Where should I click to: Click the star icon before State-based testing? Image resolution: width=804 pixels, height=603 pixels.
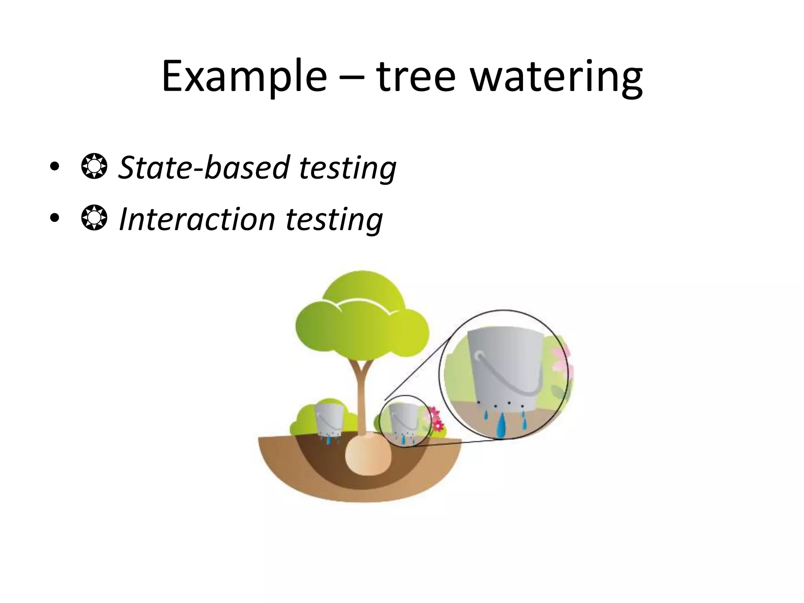(x=94, y=167)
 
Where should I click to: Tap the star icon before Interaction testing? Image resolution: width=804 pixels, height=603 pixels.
(x=94, y=219)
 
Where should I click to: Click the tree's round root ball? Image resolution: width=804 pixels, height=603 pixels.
(x=368, y=455)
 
